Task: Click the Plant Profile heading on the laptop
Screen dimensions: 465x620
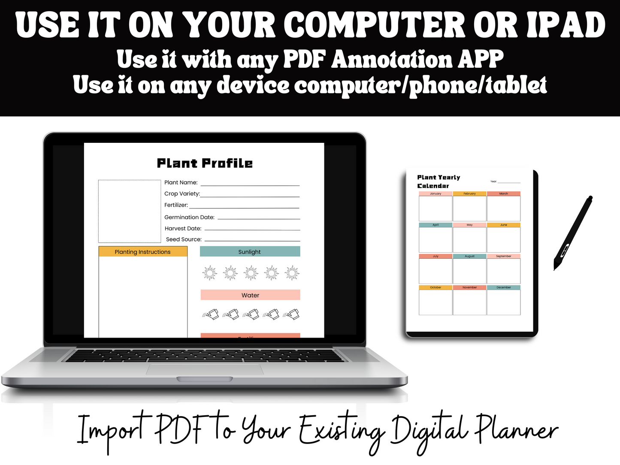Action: tap(205, 163)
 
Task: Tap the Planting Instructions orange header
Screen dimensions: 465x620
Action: tap(143, 252)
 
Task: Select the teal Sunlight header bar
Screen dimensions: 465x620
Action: tap(250, 252)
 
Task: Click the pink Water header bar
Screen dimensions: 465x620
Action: tap(250, 295)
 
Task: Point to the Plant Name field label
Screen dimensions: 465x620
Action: tap(181, 182)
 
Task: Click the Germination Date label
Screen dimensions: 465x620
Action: tap(189, 217)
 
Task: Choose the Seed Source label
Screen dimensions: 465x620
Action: tap(184, 239)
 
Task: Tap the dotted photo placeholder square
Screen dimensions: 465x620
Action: tap(129, 211)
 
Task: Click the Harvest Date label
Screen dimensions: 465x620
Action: tap(183, 229)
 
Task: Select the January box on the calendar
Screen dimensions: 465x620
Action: tap(436, 208)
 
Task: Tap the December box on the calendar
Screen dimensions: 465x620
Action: tap(504, 302)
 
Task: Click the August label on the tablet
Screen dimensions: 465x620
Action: tap(470, 256)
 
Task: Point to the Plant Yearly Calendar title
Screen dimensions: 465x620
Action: tap(438, 181)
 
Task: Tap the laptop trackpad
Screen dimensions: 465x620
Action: tap(205, 369)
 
